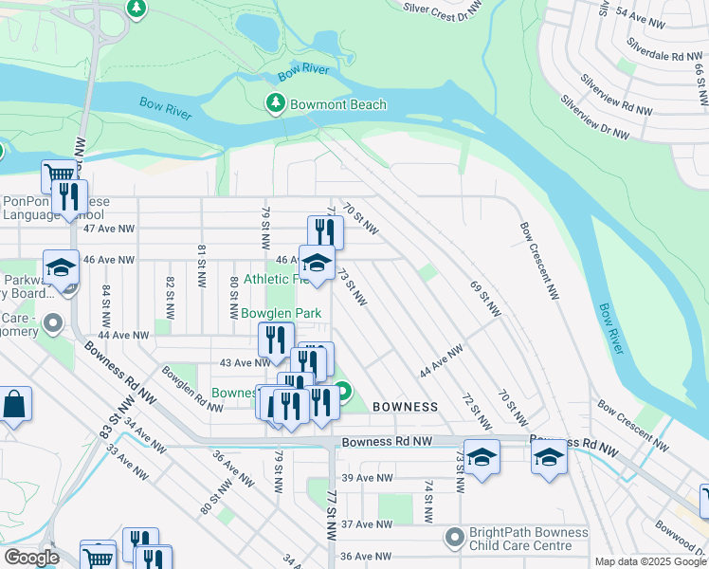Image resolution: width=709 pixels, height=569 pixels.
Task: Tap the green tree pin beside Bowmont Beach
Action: click(x=276, y=102)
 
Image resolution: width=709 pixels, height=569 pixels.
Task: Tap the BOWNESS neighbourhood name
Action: click(x=405, y=407)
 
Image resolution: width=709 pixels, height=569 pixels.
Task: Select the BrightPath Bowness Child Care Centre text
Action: click(x=529, y=540)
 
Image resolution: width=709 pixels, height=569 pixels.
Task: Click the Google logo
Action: click(x=30, y=558)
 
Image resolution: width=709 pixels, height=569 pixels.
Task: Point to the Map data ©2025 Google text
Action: click(x=650, y=561)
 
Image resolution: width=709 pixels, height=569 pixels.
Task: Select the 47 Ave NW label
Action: click(x=109, y=229)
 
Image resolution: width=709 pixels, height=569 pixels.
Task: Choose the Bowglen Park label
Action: click(x=281, y=313)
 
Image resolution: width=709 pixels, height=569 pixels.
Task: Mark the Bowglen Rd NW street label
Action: click(x=192, y=386)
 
